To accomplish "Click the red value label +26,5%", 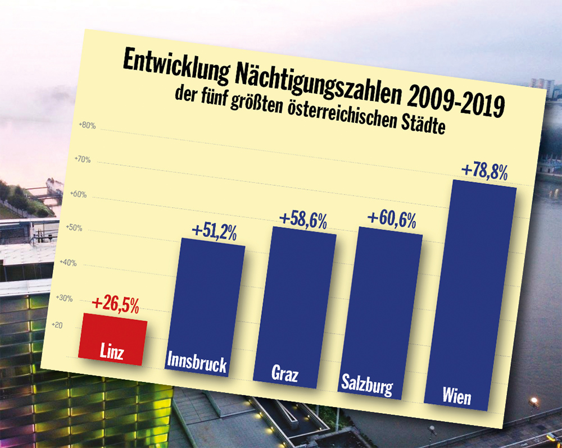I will tap(115, 304).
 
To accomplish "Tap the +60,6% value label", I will tap(392, 219).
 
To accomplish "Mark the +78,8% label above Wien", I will tap(484, 171).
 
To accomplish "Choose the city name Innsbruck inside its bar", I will tap(197, 364).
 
